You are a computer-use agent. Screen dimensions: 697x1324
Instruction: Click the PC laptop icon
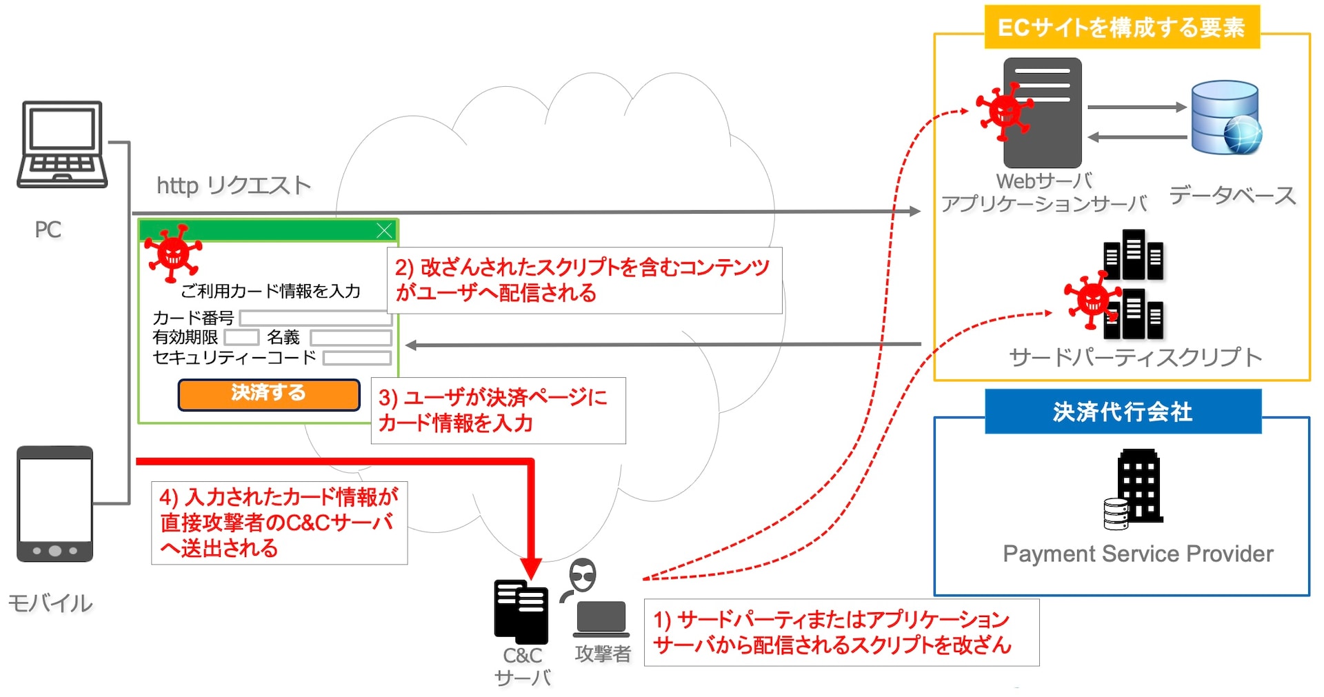pyautogui.click(x=62, y=145)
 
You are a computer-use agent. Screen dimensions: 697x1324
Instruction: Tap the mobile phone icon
pyautogui.click(x=55, y=503)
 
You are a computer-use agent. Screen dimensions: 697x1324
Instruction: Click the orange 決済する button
pyautogui.click(x=269, y=394)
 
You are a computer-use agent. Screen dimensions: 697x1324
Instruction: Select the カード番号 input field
pyautogui.click(x=316, y=318)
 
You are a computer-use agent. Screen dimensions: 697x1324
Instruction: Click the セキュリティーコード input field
pyautogui.click(x=357, y=358)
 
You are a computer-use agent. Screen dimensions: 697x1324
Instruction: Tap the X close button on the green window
pyautogui.click(x=385, y=230)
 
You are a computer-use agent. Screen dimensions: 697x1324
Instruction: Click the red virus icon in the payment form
pyautogui.click(x=173, y=252)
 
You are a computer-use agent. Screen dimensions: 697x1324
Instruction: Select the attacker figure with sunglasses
pyautogui.click(x=583, y=576)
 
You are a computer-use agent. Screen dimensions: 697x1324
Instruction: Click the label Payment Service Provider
pyautogui.click(x=1138, y=554)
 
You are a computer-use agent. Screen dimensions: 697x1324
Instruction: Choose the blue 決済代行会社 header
pyautogui.click(x=1123, y=412)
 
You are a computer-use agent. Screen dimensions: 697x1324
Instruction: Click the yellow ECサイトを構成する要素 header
pyautogui.click(x=1122, y=28)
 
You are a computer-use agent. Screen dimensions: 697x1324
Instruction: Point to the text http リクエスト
pyautogui.click(x=234, y=185)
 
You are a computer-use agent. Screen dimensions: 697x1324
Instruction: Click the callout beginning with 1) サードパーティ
pyautogui.click(x=841, y=632)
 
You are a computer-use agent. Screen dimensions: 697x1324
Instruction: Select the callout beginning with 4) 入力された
pyautogui.click(x=279, y=523)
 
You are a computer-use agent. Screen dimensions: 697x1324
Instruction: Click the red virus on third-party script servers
pyautogui.click(x=1092, y=300)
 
